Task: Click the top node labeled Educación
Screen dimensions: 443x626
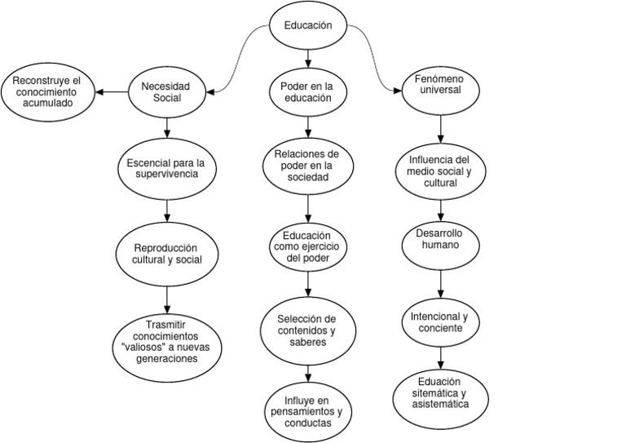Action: [x=308, y=25]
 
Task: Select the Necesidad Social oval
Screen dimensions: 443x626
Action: [x=167, y=92]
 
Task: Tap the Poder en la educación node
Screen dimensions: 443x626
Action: [x=307, y=92]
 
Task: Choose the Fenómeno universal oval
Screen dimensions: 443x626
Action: [x=441, y=86]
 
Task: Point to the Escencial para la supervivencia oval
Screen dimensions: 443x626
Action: [x=167, y=167]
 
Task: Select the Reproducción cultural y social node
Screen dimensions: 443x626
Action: [x=167, y=253]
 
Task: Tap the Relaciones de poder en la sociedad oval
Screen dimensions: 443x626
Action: [x=307, y=166]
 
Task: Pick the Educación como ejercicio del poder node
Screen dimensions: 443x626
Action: [x=307, y=246]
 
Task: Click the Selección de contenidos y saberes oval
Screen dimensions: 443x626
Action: [x=307, y=330]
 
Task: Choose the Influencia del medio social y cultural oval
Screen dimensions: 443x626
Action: [x=440, y=171]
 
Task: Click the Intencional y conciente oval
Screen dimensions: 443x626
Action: [x=440, y=321]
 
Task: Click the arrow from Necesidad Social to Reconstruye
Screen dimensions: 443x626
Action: [x=113, y=92]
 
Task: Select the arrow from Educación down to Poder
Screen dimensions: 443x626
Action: [x=308, y=57]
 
